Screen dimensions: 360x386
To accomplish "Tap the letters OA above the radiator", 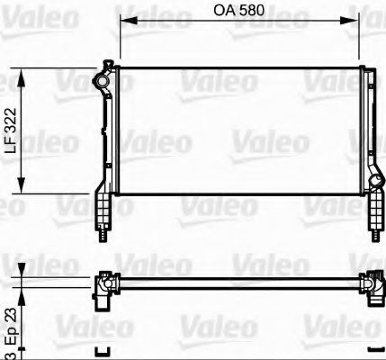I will (x=220, y=12).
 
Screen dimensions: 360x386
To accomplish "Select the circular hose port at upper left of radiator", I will (x=103, y=82).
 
